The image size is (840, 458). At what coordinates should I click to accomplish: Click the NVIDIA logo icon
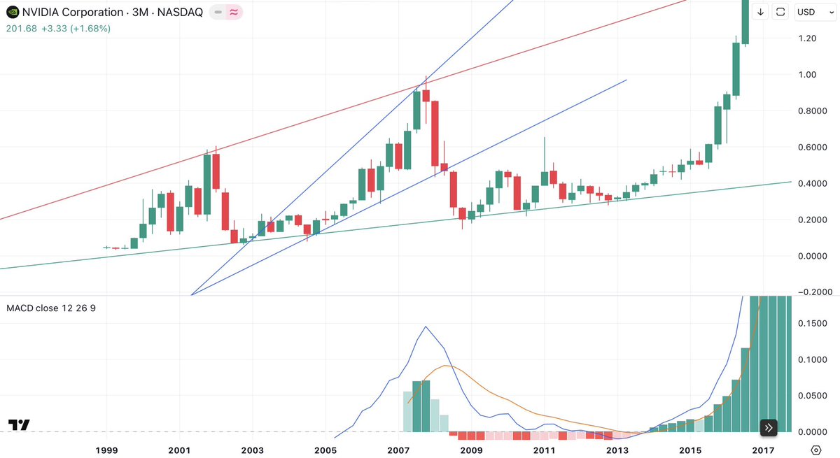pyautogui.click(x=12, y=12)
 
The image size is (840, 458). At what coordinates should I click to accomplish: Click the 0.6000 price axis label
pyautogui.click(x=811, y=147)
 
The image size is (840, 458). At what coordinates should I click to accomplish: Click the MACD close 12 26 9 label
pyautogui.click(x=50, y=308)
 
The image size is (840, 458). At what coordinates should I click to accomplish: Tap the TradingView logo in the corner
pyautogui.click(x=19, y=425)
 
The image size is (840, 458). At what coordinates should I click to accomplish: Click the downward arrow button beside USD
pyautogui.click(x=761, y=12)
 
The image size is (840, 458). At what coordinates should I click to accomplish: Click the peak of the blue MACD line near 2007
pyautogui.click(x=426, y=326)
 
